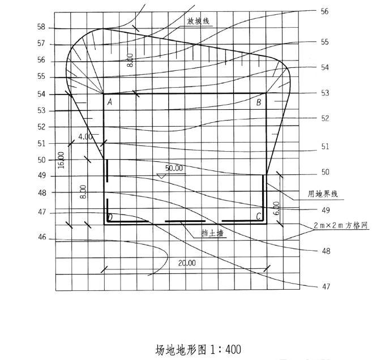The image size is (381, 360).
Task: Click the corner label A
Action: pyautogui.click(x=110, y=102)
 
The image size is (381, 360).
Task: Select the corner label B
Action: pyautogui.click(x=259, y=102)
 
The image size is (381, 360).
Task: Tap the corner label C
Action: pyautogui.click(x=259, y=216)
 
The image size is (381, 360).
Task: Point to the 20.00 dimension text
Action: pyautogui.click(x=187, y=263)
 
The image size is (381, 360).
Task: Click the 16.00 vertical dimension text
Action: pyautogui.click(x=61, y=160)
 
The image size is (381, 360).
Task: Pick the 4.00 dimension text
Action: pyautogui.click(x=85, y=137)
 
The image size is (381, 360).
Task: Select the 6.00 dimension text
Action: pyautogui.click(x=276, y=208)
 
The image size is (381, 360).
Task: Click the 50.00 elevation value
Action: pyautogui.click(x=174, y=168)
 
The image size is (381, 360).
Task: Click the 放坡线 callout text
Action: pyautogui.click(x=198, y=21)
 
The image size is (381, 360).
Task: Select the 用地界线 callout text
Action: pyautogui.click(x=323, y=194)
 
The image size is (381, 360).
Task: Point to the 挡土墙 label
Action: pyautogui.click(x=212, y=233)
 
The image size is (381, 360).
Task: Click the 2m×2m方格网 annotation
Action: pyautogui.click(x=340, y=225)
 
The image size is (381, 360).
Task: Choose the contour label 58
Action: pyautogui.click(x=41, y=27)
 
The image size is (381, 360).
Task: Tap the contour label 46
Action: pyautogui.click(x=42, y=237)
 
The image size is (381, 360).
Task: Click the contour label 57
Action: pyautogui.click(x=41, y=43)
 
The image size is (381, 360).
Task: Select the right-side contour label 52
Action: pyautogui.click(x=325, y=118)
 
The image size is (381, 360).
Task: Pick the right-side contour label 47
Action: pyautogui.click(x=326, y=286)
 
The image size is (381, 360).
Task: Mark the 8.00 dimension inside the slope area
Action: pyautogui.click(x=130, y=60)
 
